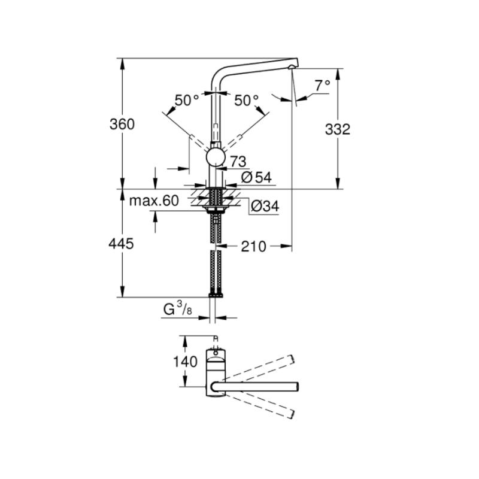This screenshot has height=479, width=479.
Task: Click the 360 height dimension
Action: [x=122, y=125]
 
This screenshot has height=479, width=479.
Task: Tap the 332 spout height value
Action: [x=337, y=129]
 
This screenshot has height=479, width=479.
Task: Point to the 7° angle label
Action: [x=323, y=86]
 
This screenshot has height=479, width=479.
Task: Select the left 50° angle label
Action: [x=187, y=100]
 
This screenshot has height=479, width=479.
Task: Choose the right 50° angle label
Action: [x=246, y=100]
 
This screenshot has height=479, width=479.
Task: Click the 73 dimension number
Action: [x=238, y=161]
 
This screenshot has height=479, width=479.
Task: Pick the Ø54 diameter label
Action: [x=256, y=177]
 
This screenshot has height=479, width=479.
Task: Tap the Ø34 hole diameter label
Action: [x=265, y=206]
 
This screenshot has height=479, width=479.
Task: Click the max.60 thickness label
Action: [x=154, y=201]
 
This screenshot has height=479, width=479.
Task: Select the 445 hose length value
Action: [x=121, y=244]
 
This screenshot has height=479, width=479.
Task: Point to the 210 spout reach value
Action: [x=253, y=246]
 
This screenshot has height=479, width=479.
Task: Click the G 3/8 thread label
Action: [x=177, y=308]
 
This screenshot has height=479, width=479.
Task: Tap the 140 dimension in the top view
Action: [x=185, y=362]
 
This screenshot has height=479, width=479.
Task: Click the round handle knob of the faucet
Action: [x=216, y=157]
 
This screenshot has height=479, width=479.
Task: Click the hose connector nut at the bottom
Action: [x=216, y=295]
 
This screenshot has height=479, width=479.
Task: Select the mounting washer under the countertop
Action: [x=216, y=208]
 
